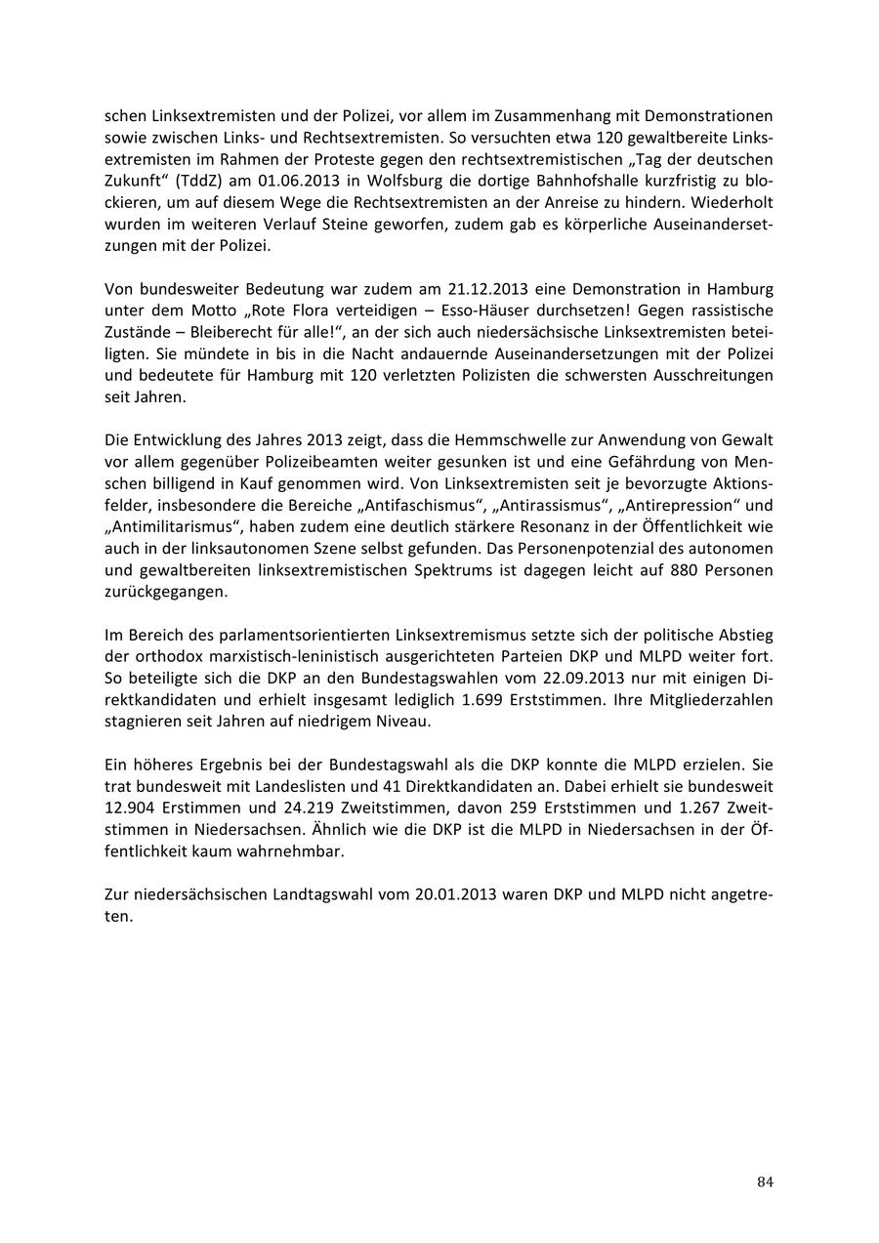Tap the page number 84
point(765,1182)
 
